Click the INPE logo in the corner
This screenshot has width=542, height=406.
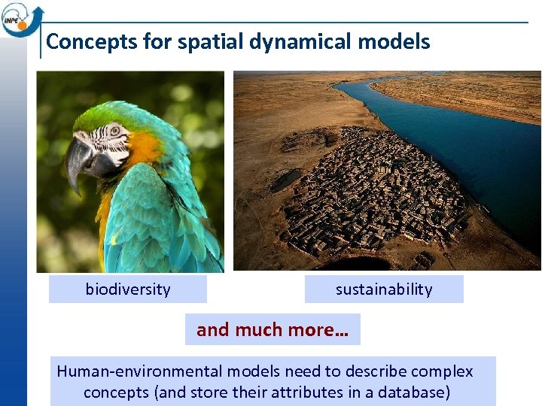point(21,18)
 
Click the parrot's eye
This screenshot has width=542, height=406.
point(116,130)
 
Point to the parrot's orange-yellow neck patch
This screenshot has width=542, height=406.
point(143,147)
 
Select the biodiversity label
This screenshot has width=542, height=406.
point(127,289)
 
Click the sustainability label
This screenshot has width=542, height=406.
point(384,289)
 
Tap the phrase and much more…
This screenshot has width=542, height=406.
point(273,329)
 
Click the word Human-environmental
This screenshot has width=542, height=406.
point(139,371)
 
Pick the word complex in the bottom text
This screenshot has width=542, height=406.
point(442,371)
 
